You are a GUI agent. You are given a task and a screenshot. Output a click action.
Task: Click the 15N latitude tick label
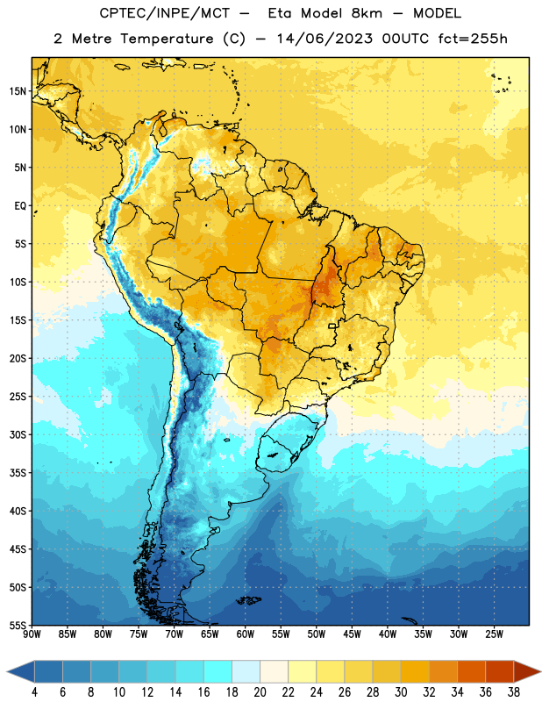click(18, 91)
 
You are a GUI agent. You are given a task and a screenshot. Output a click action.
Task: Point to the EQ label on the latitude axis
click(20, 206)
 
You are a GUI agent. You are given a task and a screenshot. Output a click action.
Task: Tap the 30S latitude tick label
click(18, 435)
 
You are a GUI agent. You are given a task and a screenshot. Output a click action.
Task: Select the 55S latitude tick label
click(18, 626)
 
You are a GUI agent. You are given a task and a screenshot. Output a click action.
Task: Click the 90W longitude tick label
click(32, 634)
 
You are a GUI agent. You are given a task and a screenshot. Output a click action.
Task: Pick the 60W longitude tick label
click(246, 634)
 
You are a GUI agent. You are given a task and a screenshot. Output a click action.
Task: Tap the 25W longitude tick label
click(494, 634)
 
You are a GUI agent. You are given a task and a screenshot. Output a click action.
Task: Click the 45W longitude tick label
click(353, 634)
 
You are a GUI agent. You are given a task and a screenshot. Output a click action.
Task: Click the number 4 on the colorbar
click(34, 692)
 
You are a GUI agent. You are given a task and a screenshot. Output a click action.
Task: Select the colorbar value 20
click(260, 692)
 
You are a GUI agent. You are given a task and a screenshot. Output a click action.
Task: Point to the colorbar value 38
click(514, 692)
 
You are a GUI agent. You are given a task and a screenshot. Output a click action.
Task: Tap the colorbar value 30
click(401, 692)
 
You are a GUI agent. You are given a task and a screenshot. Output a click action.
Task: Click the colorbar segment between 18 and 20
click(246, 671)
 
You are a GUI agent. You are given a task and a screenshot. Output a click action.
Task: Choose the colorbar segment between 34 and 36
click(472, 671)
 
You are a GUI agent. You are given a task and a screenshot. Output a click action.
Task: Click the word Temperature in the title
click(167, 39)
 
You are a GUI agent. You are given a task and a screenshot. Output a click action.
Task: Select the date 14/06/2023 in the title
click(324, 39)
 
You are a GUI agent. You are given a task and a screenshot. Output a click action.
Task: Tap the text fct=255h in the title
click(473, 39)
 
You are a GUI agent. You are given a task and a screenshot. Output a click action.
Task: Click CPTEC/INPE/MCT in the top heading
click(164, 13)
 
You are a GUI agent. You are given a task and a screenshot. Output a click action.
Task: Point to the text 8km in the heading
click(367, 13)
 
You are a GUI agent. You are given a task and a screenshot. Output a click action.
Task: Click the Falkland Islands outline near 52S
click(249, 600)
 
